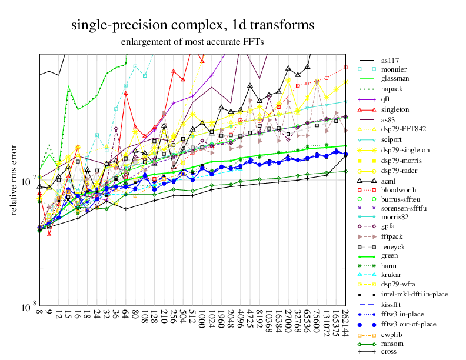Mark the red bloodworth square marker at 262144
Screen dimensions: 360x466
coord(346,66)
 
